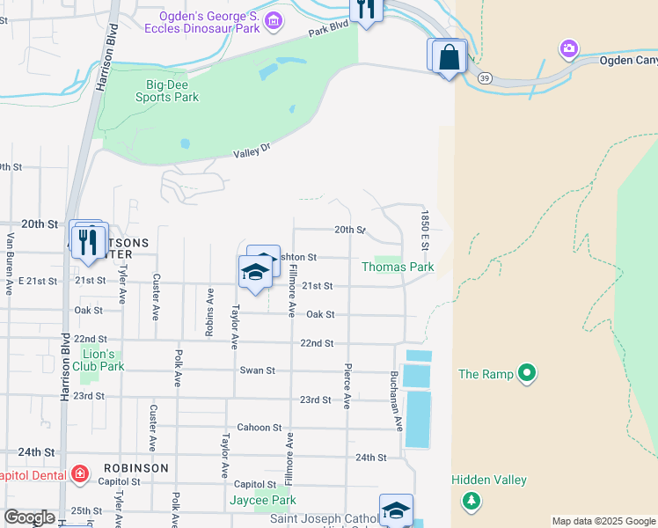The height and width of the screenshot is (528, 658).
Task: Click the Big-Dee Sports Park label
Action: click(172, 92)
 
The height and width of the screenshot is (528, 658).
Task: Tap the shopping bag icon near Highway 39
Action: click(449, 58)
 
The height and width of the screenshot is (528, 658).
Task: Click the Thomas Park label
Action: click(398, 267)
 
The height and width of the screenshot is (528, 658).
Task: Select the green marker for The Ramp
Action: click(527, 374)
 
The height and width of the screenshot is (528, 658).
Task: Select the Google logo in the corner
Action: click(28, 517)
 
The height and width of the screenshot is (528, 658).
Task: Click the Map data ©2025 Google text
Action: click(603, 521)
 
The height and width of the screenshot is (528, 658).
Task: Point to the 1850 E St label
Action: click(424, 228)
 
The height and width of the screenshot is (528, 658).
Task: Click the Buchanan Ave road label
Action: click(396, 400)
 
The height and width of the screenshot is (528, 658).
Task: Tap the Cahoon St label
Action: click(259, 428)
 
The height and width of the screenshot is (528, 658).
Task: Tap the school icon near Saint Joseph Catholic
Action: click(396, 510)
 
